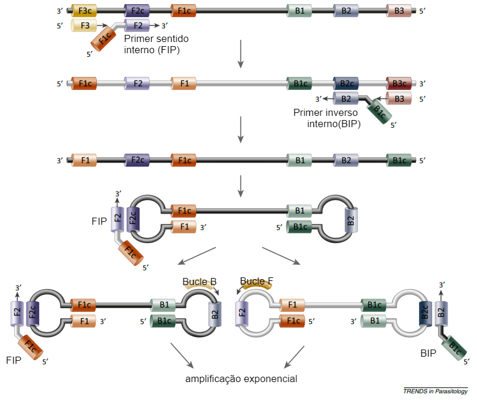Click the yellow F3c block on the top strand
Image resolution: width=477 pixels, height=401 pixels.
coord(84,11)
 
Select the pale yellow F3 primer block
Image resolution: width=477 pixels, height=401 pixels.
coord(84,25)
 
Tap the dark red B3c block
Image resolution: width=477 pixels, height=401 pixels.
coord(399,84)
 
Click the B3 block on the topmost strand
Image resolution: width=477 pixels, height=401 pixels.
coord(399,11)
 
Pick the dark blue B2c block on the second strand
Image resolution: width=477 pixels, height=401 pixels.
coord(347,84)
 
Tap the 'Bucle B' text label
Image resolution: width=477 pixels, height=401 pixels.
coord(199,282)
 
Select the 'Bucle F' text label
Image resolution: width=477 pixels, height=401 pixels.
coord(257,281)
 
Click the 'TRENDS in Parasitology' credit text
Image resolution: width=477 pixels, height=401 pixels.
coord(436,392)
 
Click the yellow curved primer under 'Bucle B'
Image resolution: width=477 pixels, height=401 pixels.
coord(201,286)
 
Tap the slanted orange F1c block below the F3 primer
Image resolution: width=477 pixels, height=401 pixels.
coord(104,41)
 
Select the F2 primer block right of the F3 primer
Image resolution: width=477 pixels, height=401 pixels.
coord(137,25)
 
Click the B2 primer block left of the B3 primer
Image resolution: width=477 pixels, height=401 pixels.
coord(346,99)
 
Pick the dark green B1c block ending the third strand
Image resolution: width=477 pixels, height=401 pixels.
coord(399,160)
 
